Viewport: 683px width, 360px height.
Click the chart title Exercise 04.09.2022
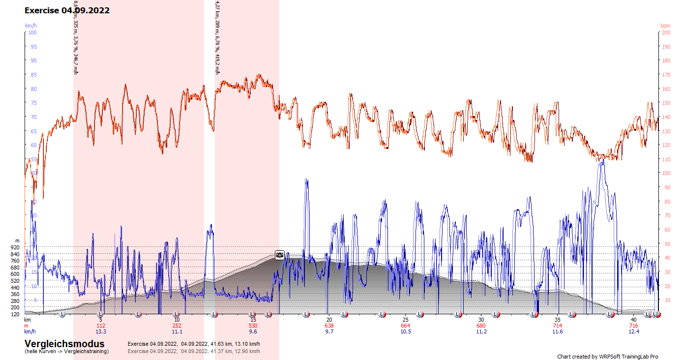click(x=67, y=10)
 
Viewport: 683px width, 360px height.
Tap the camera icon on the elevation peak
click(x=279, y=255)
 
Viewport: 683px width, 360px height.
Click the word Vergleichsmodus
click(x=64, y=344)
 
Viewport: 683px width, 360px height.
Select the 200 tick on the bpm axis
click(x=666, y=32)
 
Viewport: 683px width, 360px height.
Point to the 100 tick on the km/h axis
click(x=32, y=32)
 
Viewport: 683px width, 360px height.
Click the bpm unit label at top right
click(x=665, y=26)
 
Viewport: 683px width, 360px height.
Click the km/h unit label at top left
click(x=31, y=26)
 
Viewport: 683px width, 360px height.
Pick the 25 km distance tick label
click(x=405, y=320)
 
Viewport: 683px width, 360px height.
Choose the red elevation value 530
click(x=253, y=326)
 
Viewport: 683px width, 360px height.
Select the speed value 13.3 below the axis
click(x=101, y=331)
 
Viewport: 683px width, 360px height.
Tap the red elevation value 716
click(x=633, y=326)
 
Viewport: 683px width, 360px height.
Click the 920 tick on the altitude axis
click(x=15, y=247)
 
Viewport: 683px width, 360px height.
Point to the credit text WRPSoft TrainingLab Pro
click(x=607, y=357)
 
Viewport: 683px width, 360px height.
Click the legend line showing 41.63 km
click(x=194, y=344)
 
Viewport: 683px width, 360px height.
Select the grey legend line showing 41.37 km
click(x=194, y=351)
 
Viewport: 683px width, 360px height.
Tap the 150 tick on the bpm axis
click(x=666, y=103)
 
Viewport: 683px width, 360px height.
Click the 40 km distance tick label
click(x=633, y=320)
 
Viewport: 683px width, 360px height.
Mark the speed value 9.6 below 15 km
click(x=253, y=331)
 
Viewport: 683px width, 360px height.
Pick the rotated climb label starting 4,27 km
click(x=217, y=37)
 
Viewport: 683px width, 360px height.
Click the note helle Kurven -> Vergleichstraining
click(x=66, y=351)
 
